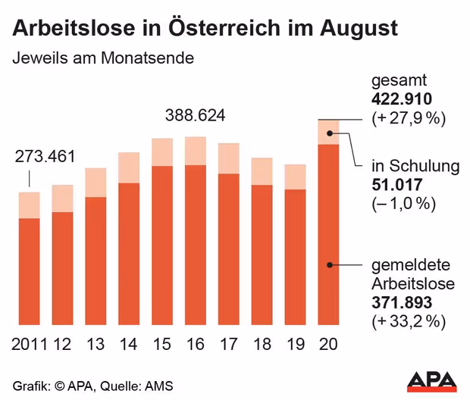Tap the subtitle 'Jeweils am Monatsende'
pyautogui.click(x=102, y=58)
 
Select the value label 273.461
pyautogui.click(x=45, y=158)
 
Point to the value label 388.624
pyautogui.click(x=196, y=117)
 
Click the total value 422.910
pyautogui.click(x=401, y=99)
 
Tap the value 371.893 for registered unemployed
pyautogui.click(x=401, y=302)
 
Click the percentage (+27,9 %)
pyautogui.click(x=407, y=118)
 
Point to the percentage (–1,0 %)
pyautogui.click(x=403, y=204)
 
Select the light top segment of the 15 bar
pyautogui.click(x=162, y=152)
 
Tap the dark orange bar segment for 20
pyautogui.click(x=329, y=235)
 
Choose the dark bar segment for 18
pyautogui.click(x=262, y=255)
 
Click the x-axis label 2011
pyautogui.click(x=30, y=345)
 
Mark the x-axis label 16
pyautogui.click(x=196, y=345)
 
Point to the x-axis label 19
pyautogui.click(x=296, y=345)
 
